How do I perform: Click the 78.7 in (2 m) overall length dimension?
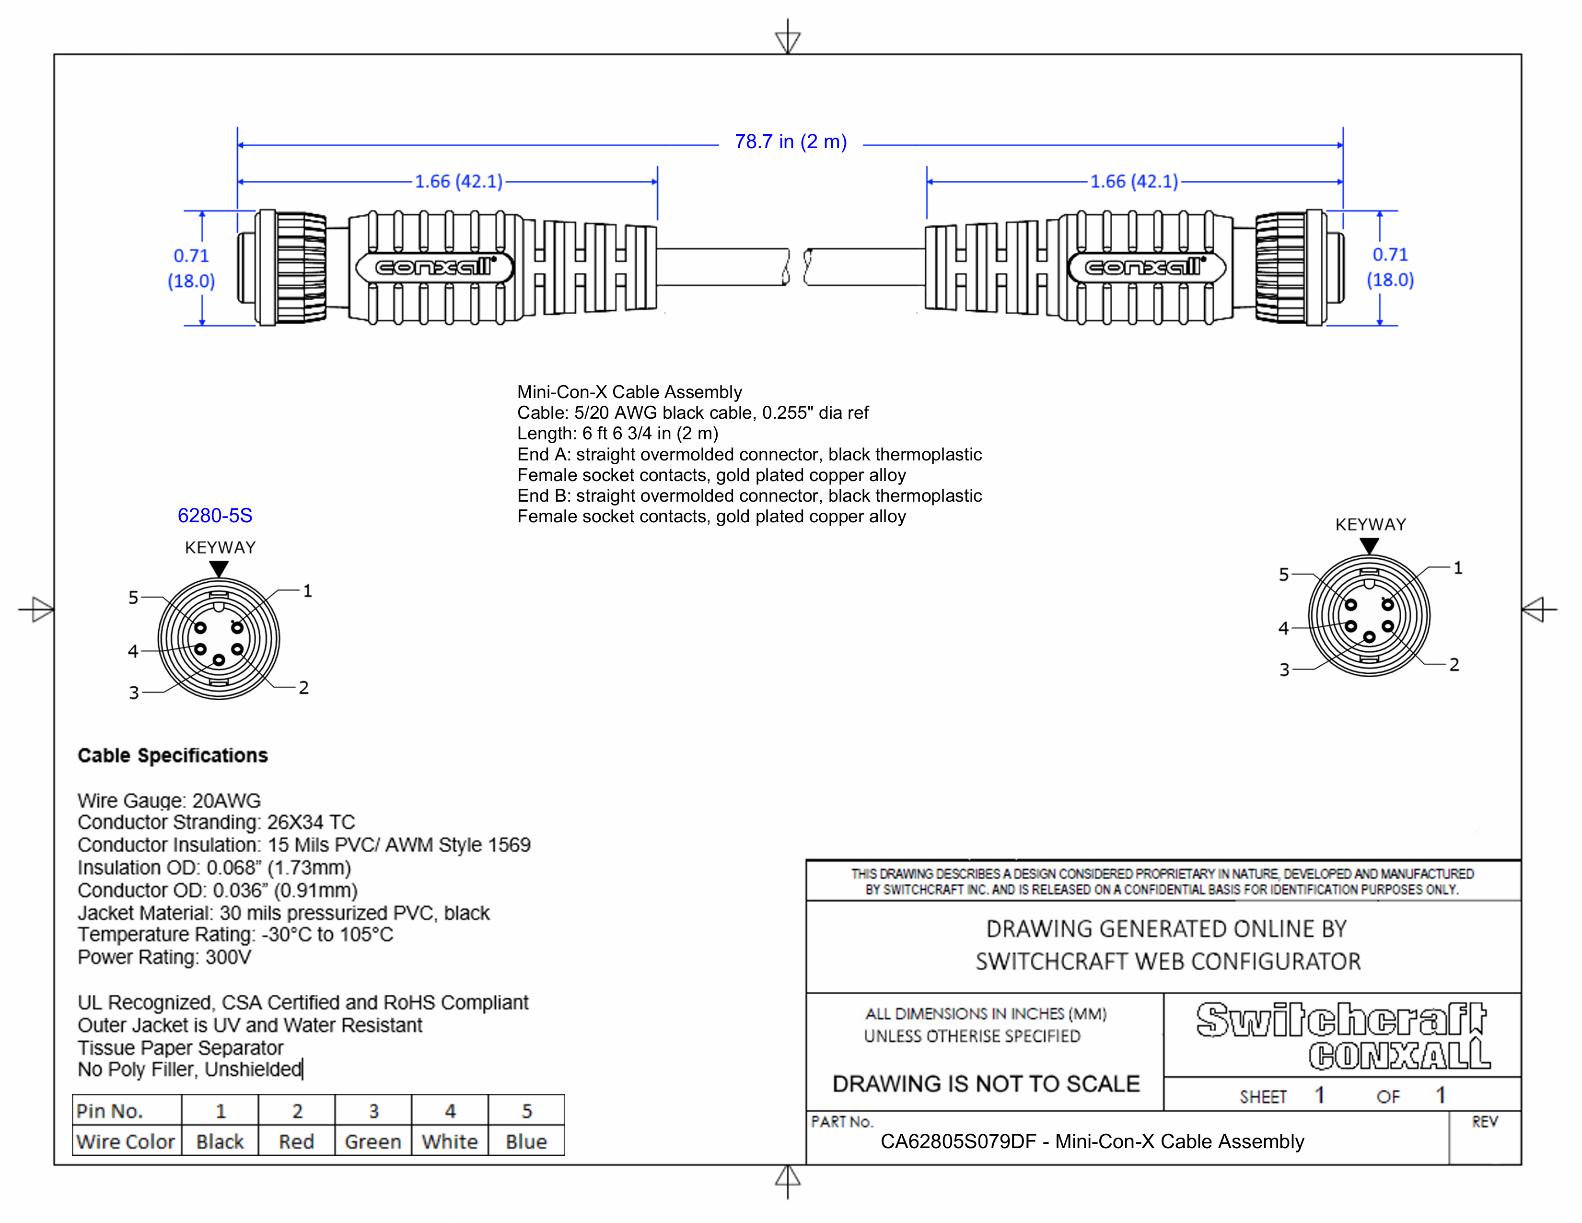(790, 142)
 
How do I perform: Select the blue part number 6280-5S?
(215, 516)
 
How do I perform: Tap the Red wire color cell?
(296, 1142)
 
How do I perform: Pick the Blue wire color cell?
(526, 1142)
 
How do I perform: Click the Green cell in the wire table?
(372, 1142)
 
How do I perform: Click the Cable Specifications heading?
(173, 756)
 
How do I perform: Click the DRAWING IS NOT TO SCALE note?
(986, 1084)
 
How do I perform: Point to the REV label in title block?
(1484, 1122)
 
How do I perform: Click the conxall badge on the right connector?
(1146, 267)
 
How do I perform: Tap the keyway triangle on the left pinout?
(219, 569)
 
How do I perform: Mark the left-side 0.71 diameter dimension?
(191, 268)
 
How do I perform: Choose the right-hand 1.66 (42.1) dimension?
(1134, 181)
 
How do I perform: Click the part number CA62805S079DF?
(958, 1142)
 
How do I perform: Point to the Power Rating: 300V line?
(164, 958)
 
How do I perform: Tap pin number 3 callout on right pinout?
(1284, 670)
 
